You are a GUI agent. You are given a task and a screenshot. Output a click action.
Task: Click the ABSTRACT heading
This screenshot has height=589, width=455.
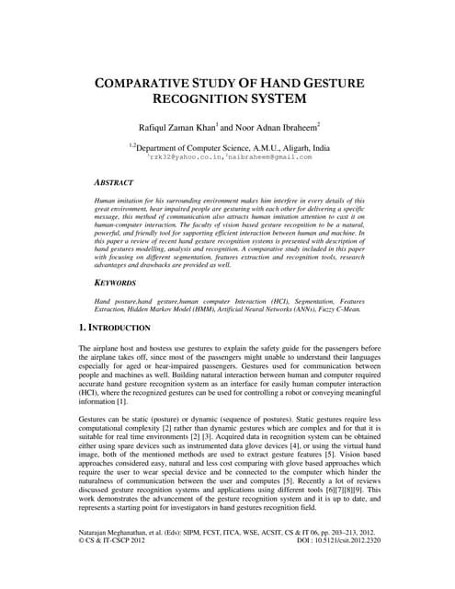click(x=115, y=183)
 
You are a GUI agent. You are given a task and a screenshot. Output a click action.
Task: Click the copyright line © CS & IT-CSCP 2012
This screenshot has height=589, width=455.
click(x=116, y=568)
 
